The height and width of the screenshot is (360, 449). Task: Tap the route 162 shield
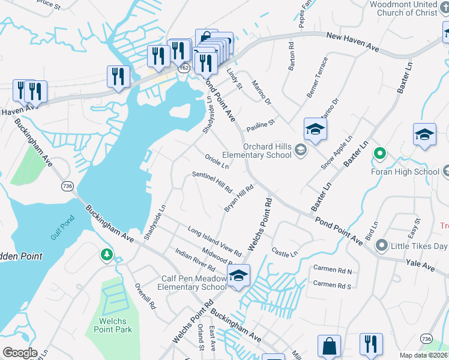(x=184, y=68)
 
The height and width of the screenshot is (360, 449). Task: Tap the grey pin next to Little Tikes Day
(x=381, y=245)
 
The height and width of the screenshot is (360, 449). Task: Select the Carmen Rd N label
(x=332, y=271)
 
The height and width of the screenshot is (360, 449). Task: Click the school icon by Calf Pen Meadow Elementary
(x=238, y=275)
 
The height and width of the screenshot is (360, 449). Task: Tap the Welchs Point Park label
(x=112, y=325)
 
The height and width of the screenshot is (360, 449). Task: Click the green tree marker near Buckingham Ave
(x=107, y=255)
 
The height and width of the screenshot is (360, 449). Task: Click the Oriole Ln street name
(x=217, y=162)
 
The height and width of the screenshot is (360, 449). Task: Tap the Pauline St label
(x=261, y=126)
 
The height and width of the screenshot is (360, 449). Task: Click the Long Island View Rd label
(x=214, y=241)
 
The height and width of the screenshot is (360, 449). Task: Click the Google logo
(x=20, y=353)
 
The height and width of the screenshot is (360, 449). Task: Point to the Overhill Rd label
(x=145, y=296)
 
